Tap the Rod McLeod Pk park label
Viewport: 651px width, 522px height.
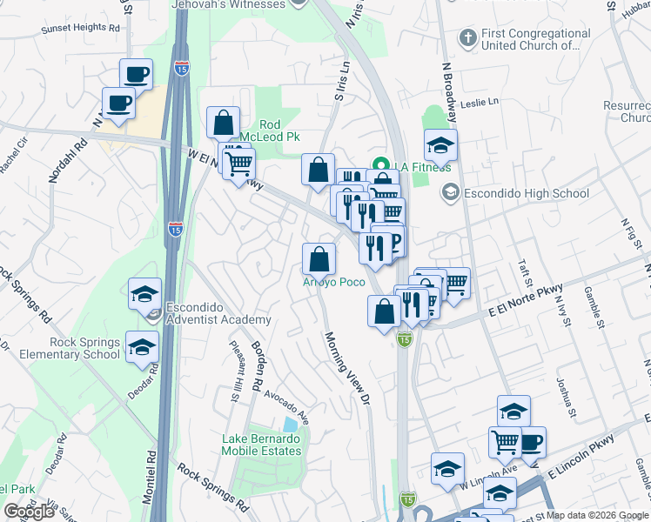pos(280,131)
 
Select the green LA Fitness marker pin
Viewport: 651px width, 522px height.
pos(379,164)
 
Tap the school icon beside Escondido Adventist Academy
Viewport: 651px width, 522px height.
pos(145,294)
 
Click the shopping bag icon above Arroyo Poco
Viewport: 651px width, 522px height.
pos(319,258)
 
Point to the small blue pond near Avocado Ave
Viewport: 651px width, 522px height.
pos(290,425)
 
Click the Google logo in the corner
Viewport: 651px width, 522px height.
pos(29,512)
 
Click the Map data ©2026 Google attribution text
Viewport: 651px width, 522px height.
pos(597,515)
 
